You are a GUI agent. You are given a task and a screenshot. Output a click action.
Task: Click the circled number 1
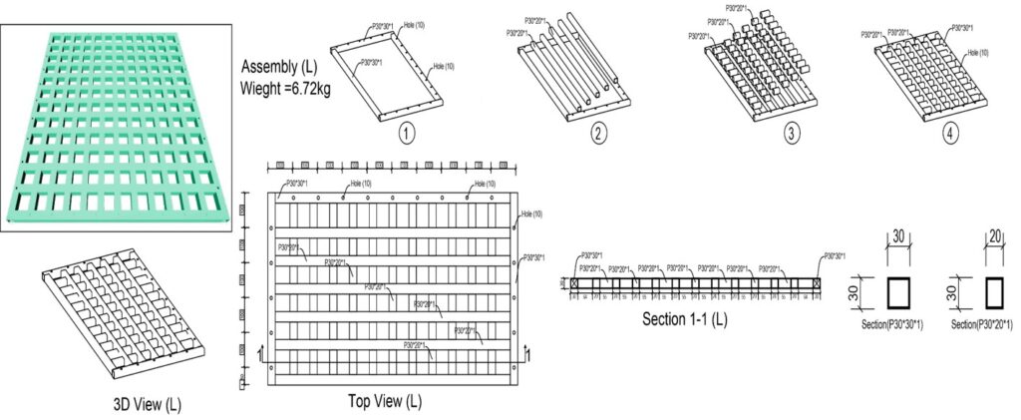(x=405, y=133)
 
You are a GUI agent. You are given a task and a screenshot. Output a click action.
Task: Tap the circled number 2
(x=598, y=133)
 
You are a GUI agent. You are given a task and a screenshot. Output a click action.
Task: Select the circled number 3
(x=792, y=133)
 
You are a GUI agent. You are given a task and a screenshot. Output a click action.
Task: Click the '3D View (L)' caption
(x=147, y=404)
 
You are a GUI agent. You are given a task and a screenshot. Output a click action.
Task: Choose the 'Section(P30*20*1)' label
(x=982, y=324)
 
